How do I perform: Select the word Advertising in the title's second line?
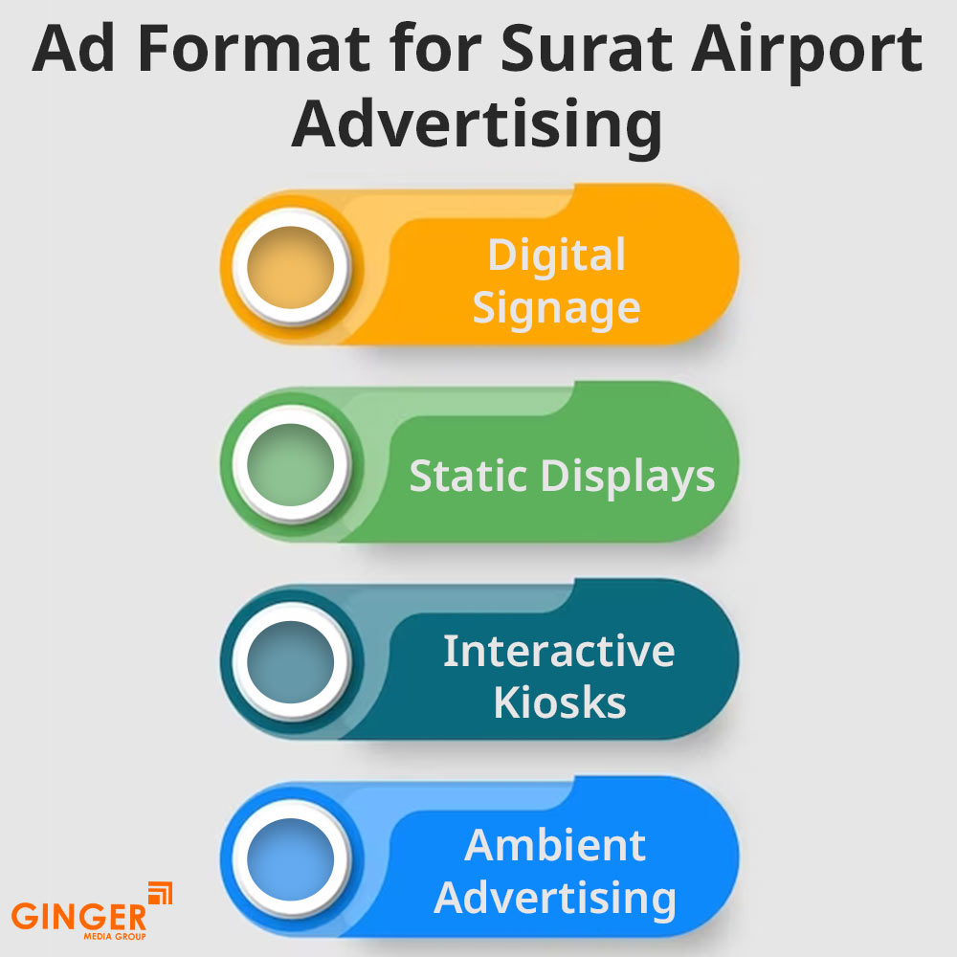click(x=477, y=124)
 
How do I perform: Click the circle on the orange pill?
click(x=290, y=264)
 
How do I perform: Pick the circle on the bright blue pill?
click(x=290, y=856)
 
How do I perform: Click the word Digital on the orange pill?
click(x=556, y=256)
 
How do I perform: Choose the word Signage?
click(x=556, y=309)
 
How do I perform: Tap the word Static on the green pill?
click(x=466, y=475)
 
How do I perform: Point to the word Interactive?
click(x=559, y=651)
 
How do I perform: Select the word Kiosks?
click(x=560, y=702)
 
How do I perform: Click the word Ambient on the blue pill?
click(x=556, y=845)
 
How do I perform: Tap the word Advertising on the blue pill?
click(x=556, y=899)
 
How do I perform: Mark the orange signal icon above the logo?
click(x=160, y=893)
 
